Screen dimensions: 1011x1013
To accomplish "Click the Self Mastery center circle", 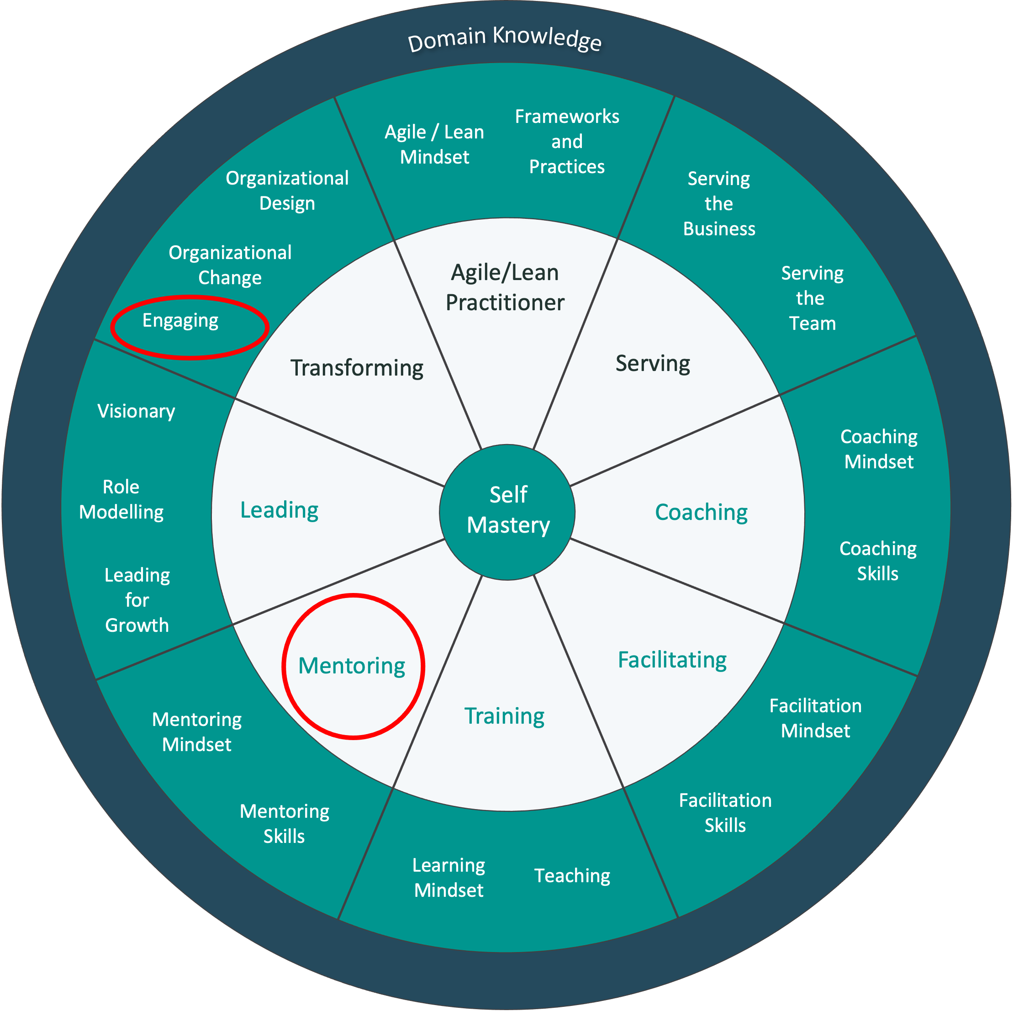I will tap(507, 511).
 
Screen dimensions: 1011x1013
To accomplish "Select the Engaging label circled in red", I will tap(180, 320).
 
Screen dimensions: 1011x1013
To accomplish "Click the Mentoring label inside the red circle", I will tap(352, 666).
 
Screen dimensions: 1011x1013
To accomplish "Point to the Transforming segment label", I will tap(357, 368).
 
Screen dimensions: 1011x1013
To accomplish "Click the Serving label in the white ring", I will tap(653, 363).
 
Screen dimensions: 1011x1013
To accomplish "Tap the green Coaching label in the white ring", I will tap(701, 512).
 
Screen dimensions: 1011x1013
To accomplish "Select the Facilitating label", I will tap(672, 660).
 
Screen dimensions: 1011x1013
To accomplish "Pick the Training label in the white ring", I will tap(504, 716).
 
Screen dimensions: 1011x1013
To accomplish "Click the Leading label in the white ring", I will tap(279, 510).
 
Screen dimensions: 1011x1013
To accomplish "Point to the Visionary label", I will tap(136, 411).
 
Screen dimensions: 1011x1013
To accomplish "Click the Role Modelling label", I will tap(121, 499).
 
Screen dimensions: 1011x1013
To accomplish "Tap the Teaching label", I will tap(572, 876).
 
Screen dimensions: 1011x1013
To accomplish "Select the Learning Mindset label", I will tap(449, 877).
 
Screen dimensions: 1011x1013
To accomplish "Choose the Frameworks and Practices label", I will tap(567, 142).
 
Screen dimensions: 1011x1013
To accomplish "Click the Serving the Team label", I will tap(812, 298).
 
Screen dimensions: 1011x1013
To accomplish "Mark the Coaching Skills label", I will tap(878, 561).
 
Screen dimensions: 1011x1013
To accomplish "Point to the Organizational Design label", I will tap(287, 191).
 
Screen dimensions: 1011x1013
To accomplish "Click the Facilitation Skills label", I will tap(725, 813).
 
